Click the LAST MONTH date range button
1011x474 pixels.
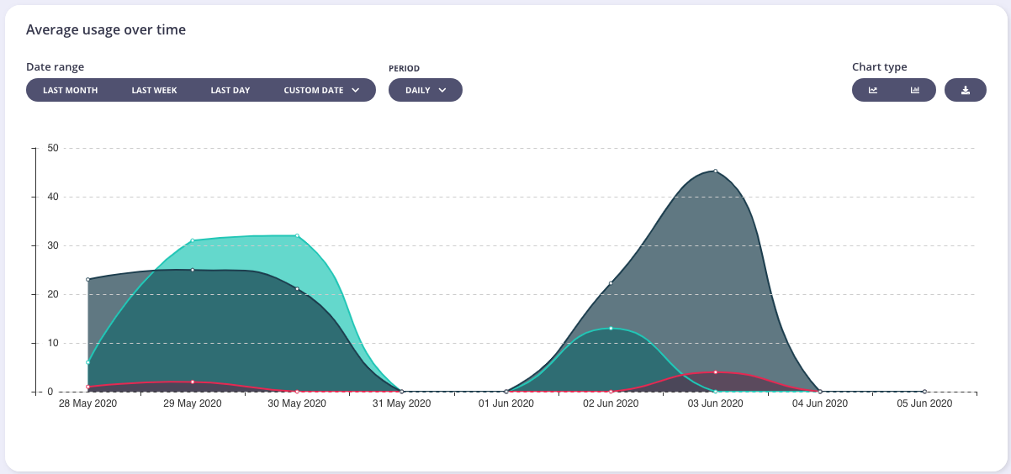tap(70, 90)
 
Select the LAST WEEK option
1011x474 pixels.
tap(154, 90)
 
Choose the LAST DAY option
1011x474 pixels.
tap(230, 90)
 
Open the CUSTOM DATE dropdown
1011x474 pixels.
tap(321, 90)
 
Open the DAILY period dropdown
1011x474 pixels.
tap(425, 90)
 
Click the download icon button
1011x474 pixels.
tap(966, 90)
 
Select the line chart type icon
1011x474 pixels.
tap(873, 90)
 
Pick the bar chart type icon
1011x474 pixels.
tap(915, 90)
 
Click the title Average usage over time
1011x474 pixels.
tap(106, 30)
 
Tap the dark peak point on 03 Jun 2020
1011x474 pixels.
tap(715, 171)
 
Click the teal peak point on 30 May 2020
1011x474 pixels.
tap(297, 235)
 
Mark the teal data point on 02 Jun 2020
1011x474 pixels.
tap(611, 328)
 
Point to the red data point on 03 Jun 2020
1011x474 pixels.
tap(715, 371)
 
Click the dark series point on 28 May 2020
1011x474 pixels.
tap(88, 279)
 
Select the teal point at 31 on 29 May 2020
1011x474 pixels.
tap(193, 240)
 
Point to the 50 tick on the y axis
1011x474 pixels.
tap(52, 148)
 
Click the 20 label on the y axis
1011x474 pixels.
tap(52, 294)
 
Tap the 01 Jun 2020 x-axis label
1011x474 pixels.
tap(505, 403)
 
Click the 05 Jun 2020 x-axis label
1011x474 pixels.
tap(924, 403)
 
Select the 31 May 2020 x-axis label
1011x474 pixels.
tap(401, 403)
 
